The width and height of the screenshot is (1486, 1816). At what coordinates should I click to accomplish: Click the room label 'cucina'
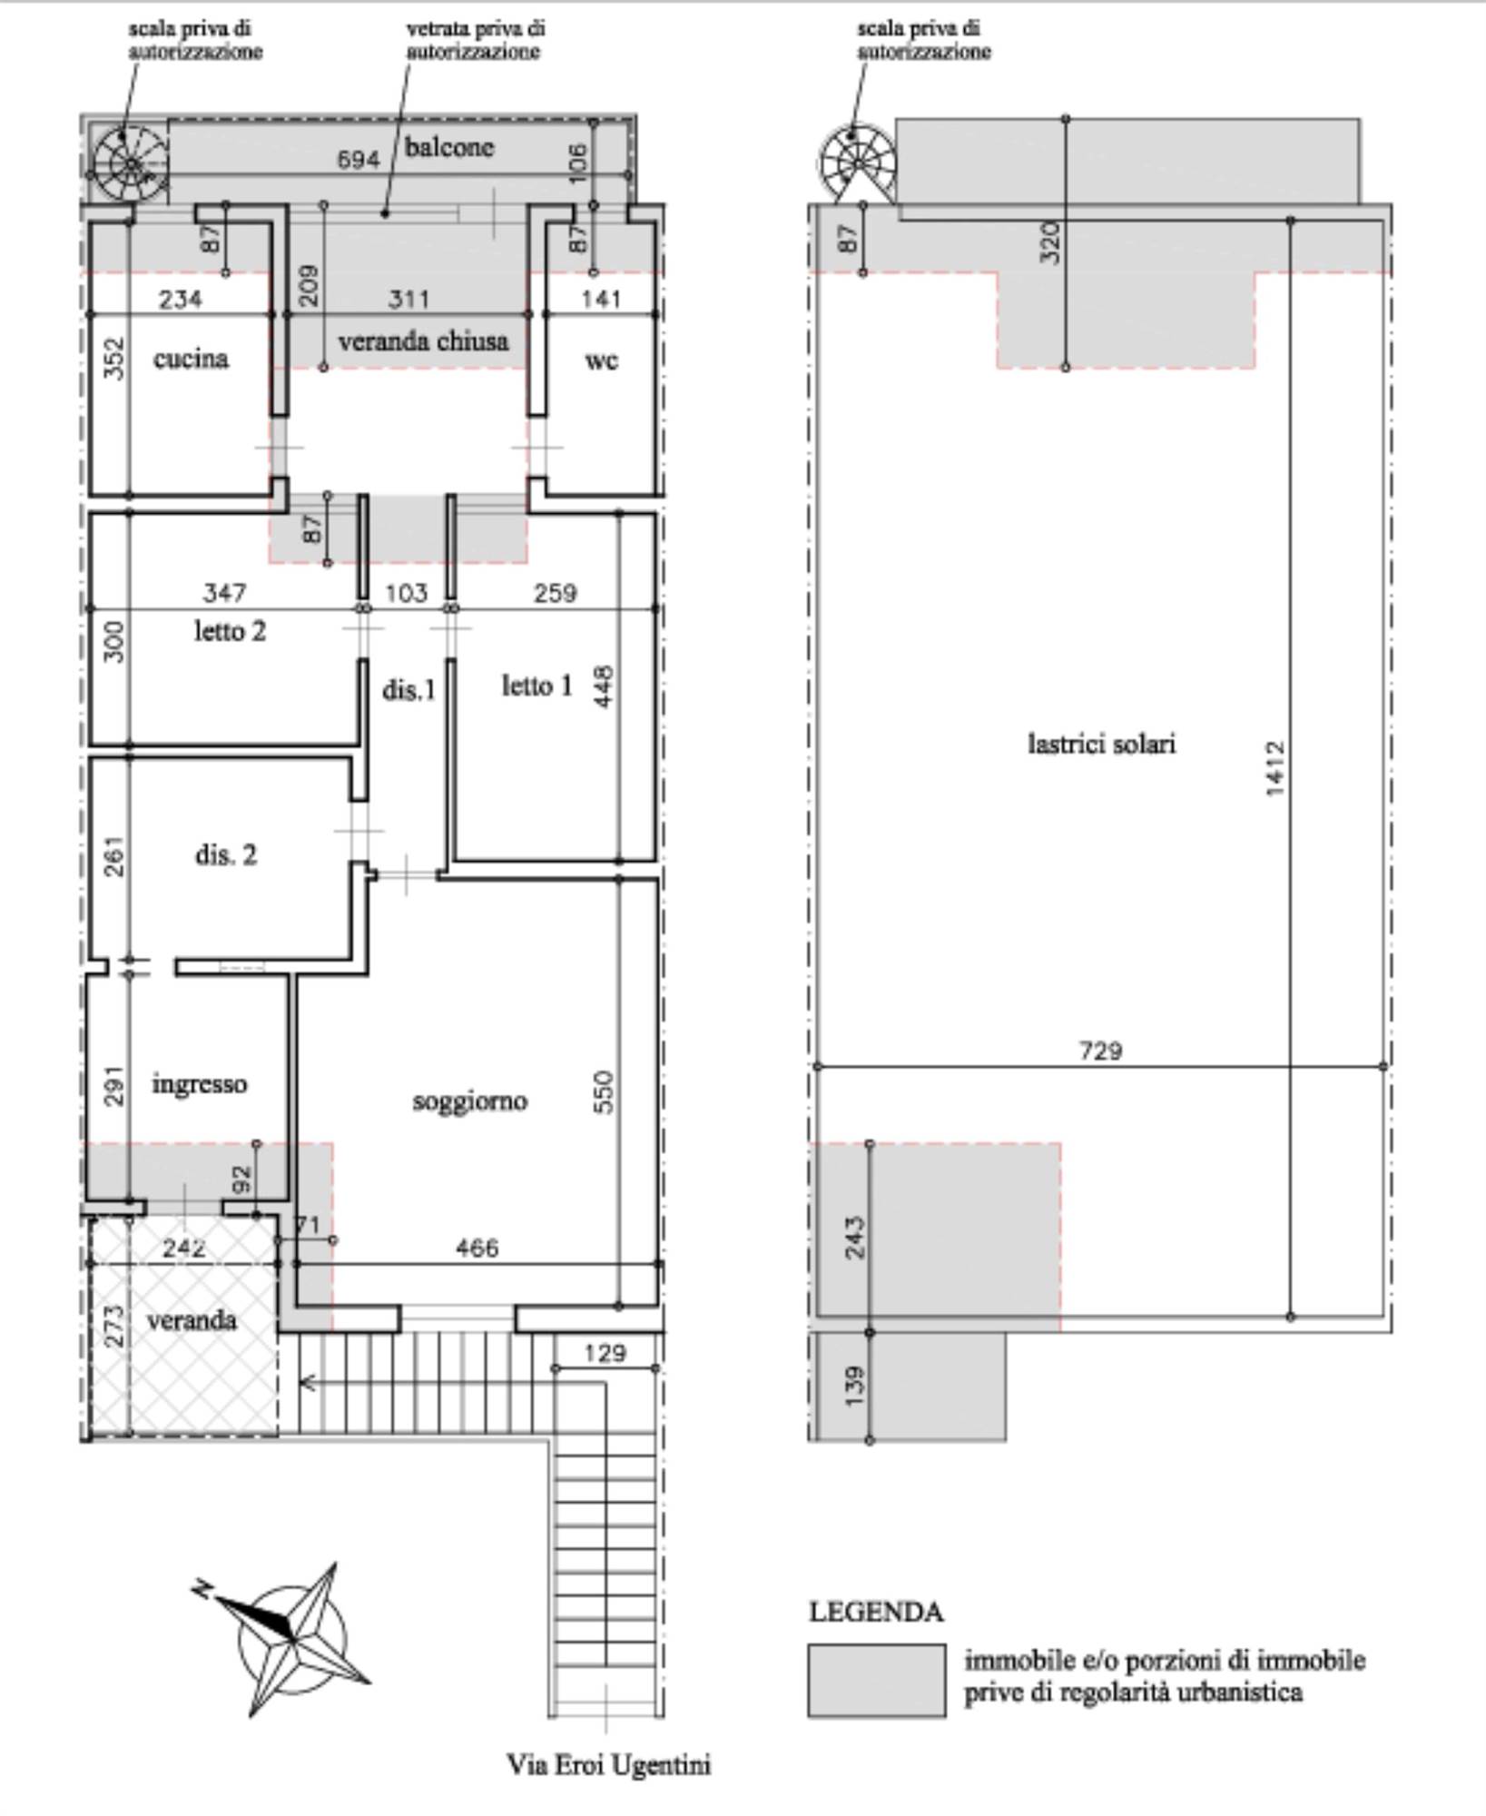coord(191,359)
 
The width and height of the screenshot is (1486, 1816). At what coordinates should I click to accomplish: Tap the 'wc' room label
coord(601,360)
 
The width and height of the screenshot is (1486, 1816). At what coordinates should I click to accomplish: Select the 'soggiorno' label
coord(469,1101)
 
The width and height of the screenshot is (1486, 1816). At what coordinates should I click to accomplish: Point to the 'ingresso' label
coord(199,1084)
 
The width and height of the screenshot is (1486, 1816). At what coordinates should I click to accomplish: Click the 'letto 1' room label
coord(537,686)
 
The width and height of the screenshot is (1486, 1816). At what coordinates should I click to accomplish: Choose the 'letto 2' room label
coord(230,630)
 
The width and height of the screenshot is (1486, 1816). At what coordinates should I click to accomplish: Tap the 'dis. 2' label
coord(225,854)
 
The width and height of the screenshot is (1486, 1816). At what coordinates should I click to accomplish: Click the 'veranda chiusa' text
coord(423,341)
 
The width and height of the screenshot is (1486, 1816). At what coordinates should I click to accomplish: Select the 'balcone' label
coord(449,146)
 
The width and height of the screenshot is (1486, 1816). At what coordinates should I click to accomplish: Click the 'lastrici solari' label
coord(1101,744)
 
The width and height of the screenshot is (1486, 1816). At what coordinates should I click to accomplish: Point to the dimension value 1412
coord(1274,768)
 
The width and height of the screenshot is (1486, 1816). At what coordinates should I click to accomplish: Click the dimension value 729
coord(1101,1051)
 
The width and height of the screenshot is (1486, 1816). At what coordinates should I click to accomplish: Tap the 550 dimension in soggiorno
coord(605,1092)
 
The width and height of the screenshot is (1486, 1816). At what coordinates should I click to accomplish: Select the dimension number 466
coord(477,1248)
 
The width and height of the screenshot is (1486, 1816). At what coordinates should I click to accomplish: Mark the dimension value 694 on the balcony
coord(358,161)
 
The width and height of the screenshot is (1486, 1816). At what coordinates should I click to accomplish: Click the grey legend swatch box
coord(876,1680)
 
